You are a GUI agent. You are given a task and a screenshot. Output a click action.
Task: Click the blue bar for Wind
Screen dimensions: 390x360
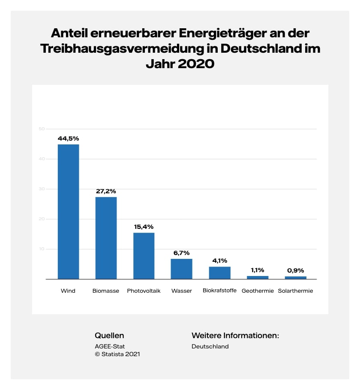[69, 212]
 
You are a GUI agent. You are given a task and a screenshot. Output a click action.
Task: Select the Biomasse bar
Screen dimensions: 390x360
[106, 238]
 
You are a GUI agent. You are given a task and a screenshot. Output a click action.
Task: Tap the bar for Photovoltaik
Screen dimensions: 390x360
[144, 256]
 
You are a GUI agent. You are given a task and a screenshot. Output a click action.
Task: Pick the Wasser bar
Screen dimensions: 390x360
[181, 269]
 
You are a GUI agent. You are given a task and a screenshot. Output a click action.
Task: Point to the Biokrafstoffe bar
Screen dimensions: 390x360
[219, 273]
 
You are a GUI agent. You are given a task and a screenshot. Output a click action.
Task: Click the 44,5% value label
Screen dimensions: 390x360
[69, 138]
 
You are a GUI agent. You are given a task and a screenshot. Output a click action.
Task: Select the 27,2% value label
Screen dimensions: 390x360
[106, 191]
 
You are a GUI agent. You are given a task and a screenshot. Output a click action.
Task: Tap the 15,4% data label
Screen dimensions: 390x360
[144, 227]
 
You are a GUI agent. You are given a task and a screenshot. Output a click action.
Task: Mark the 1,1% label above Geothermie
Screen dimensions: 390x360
[258, 270]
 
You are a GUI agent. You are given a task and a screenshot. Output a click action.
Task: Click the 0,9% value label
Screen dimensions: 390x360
[295, 270]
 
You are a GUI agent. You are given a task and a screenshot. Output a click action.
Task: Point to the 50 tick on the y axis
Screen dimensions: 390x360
[42, 129]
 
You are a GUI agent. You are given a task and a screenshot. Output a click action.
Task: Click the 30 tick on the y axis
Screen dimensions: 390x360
[42, 189]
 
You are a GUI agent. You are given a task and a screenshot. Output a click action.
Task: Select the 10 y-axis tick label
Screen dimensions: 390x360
[42, 249]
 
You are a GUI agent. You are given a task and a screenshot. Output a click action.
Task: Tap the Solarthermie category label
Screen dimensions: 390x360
[295, 291]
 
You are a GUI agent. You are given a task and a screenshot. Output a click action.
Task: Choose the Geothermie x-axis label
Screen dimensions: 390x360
[258, 291]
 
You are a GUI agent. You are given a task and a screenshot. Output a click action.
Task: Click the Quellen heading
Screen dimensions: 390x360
[109, 336]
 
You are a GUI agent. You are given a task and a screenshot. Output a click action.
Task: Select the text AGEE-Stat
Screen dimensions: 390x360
[110, 346]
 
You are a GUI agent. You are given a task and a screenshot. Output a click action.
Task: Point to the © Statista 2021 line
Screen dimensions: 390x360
[117, 354]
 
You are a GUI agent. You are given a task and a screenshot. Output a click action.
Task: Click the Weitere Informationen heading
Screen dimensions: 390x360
[235, 336]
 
